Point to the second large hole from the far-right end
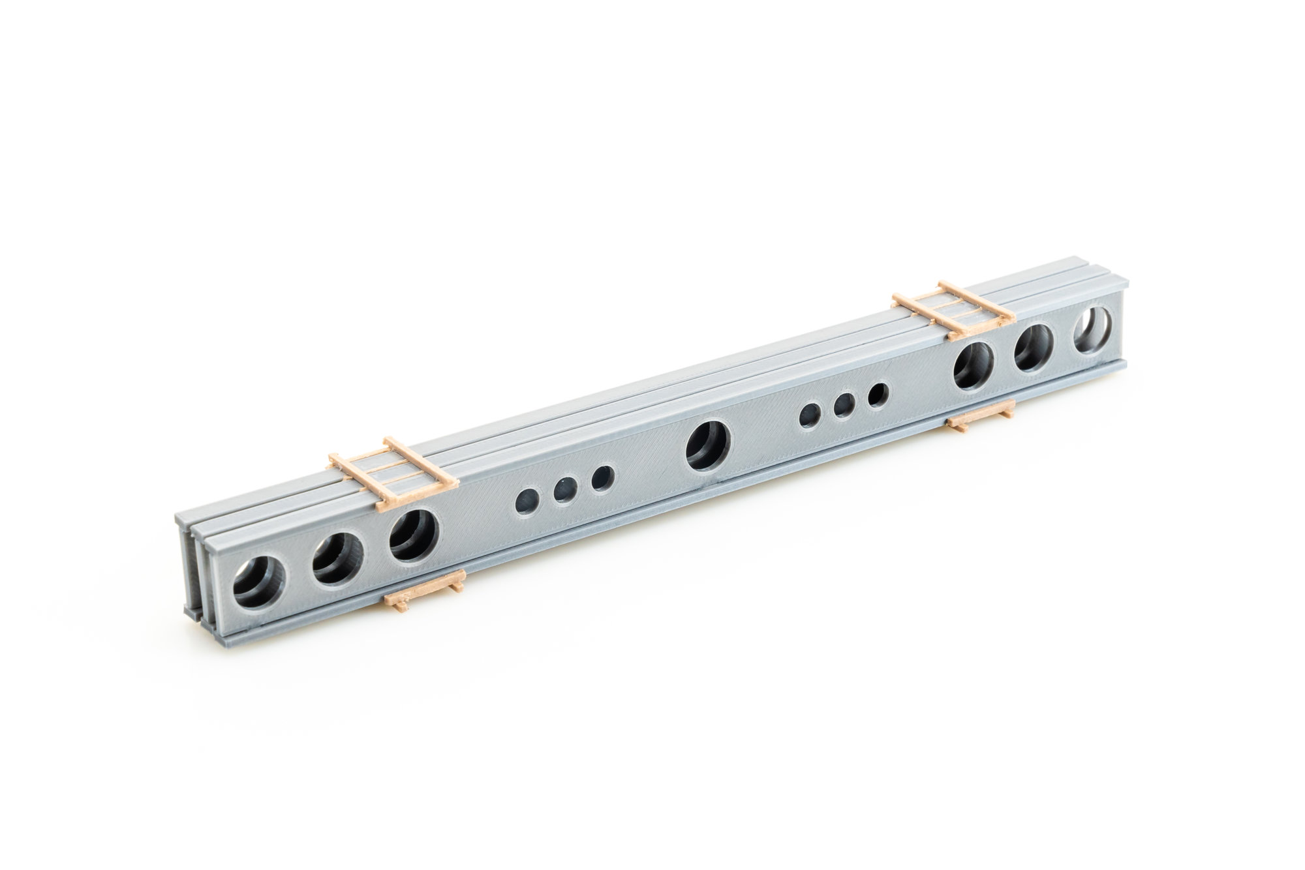tap(1033, 348)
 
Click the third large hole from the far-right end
tap(974, 365)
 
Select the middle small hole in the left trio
tap(565, 489)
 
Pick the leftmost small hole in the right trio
tap(811, 415)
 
